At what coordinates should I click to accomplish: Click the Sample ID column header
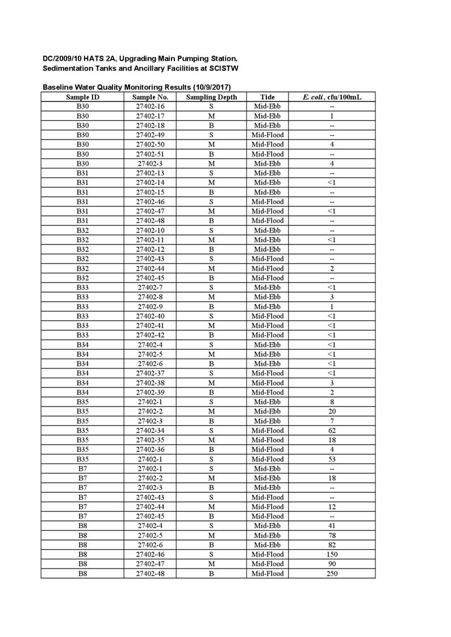click(x=82, y=97)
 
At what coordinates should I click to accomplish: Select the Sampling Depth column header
click(x=211, y=97)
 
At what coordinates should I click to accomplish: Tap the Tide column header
click(x=267, y=97)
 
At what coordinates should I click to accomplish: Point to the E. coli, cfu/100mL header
click(x=332, y=97)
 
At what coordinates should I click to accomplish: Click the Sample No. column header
click(x=150, y=97)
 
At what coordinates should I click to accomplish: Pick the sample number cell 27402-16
click(x=150, y=107)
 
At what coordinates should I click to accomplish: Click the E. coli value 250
click(x=332, y=573)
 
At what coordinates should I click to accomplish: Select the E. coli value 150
click(x=332, y=554)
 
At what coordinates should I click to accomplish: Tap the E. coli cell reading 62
click(x=332, y=430)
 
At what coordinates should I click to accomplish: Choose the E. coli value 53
click(x=332, y=459)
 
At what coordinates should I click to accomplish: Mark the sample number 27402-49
click(x=150, y=135)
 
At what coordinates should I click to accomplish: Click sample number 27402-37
click(x=150, y=373)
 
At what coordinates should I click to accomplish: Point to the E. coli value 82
click(x=332, y=545)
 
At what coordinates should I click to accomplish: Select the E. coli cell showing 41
click(x=332, y=525)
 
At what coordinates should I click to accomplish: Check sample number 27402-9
click(x=150, y=306)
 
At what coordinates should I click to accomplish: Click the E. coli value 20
click(x=332, y=411)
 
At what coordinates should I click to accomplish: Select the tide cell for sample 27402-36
click(x=267, y=449)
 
